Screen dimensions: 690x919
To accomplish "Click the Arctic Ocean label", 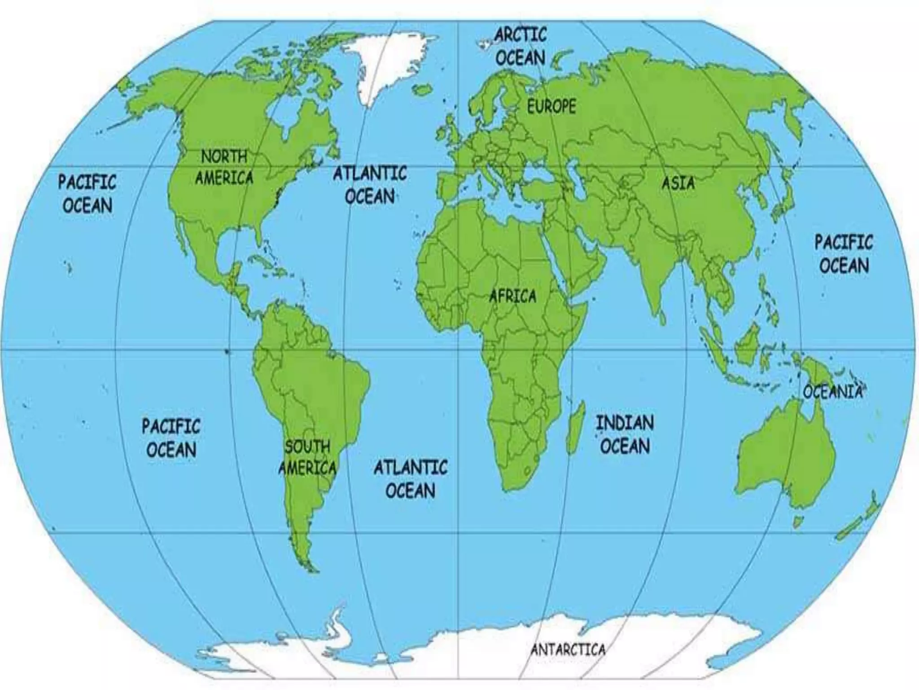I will pos(521,46).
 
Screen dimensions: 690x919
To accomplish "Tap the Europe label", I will pos(551,106).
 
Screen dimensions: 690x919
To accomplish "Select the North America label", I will pos(224,167).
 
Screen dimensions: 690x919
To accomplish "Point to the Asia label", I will pos(678,183).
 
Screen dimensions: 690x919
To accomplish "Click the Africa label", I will pos(512,296).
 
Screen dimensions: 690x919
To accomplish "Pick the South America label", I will pos(308,457).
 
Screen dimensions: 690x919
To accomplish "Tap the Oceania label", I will pos(833,392).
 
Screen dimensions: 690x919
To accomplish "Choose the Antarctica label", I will pos(568,649).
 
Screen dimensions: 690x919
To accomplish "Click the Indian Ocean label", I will pos(625,434).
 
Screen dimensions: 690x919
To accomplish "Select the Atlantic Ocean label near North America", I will pos(370,185).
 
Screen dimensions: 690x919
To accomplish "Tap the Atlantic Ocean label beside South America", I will pos(411,479).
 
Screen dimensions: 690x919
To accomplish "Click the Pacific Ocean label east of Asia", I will pos(844,254).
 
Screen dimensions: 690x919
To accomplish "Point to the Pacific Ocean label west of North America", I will pos(87,194).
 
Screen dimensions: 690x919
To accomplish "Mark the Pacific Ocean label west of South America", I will pos(171,438).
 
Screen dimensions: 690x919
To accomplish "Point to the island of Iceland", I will pos(421,90).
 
